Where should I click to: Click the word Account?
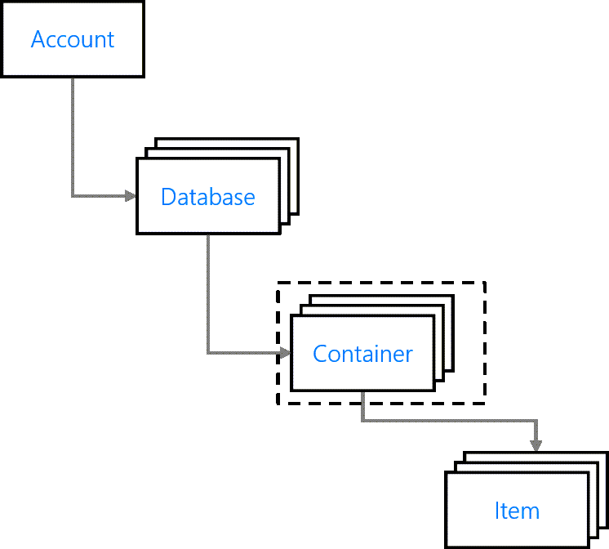click(x=73, y=39)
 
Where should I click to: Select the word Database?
click(x=208, y=196)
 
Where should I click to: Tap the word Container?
click(x=362, y=354)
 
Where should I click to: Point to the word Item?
click(x=517, y=511)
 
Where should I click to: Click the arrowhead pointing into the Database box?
click(x=131, y=195)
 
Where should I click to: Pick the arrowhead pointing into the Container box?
click(x=285, y=353)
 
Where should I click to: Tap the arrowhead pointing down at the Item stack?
click(x=536, y=446)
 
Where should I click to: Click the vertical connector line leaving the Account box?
click(x=73, y=136)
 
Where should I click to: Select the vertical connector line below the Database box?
click(x=208, y=293)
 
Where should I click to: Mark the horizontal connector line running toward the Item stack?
click(x=449, y=421)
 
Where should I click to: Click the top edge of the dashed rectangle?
click(x=381, y=283)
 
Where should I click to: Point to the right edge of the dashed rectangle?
click(x=485, y=343)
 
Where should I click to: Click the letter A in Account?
click(x=38, y=39)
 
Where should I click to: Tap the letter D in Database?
click(x=168, y=196)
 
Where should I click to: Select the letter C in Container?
click(x=320, y=354)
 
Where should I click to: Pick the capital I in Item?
click(x=497, y=511)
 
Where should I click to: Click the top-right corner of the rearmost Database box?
click(x=298, y=138)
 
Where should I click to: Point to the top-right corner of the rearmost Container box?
click(x=453, y=296)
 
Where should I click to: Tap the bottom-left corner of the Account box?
click(x=2, y=76)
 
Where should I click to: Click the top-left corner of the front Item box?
click(x=447, y=472)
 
